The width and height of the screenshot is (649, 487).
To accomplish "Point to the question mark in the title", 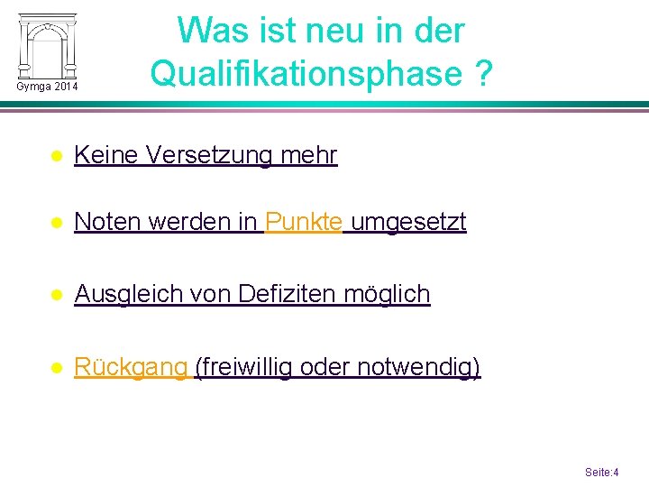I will click(483, 74).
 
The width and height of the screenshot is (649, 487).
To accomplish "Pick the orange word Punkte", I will click(304, 221).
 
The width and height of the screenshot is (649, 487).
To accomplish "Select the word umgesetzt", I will click(408, 221).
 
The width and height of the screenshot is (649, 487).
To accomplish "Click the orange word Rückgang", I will click(130, 367).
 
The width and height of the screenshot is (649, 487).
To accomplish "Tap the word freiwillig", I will click(243, 367).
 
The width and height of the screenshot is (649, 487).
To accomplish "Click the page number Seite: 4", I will click(601, 472).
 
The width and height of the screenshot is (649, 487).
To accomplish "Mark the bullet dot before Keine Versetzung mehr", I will click(56, 156).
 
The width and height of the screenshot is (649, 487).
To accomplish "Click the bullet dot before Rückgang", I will click(56, 368).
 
